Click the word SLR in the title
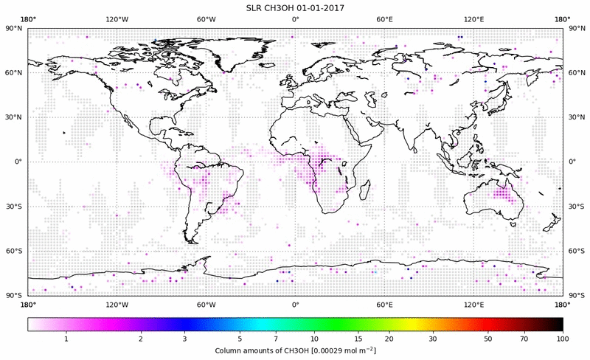pyautogui.click(x=255, y=7)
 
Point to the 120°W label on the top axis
pyautogui.click(x=117, y=18)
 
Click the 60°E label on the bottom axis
pyautogui.click(x=384, y=304)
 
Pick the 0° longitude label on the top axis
pyautogui.click(x=295, y=18)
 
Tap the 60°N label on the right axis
pyautogui.click(x=577, y=73)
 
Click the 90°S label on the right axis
pyautogui.click(x=577, y=296)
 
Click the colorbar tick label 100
pyautogui.click(x=563, y=338)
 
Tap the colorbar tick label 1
pyautogui.click(x=66, y=338)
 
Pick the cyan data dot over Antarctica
pyautogui.click(x=375, y=273)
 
